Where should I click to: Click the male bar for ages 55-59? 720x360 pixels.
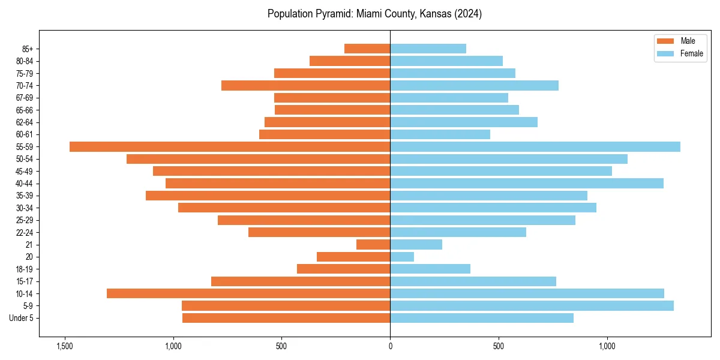[230, 146]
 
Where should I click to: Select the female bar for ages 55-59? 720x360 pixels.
[535, 146]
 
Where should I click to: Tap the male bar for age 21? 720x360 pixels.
[373, 244]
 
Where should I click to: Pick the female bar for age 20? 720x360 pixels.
[402, 257]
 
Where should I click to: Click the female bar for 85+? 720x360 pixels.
[428, 49]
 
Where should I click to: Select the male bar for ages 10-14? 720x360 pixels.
[248, 293]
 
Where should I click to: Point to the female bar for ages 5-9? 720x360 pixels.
[532, 305]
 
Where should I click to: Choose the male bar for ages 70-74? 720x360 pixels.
[305, 85]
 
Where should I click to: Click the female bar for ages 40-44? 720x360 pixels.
[527, 183]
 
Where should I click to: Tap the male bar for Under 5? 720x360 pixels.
[286, 318]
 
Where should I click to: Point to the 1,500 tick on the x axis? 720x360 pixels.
[64, 346]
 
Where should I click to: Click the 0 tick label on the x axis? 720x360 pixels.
[390, 346]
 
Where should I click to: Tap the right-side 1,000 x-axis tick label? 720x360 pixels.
[607, 346]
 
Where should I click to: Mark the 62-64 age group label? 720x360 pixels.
[24, 122]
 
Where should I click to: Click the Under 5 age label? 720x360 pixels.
[21, 318]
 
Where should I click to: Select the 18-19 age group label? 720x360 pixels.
[24, 269]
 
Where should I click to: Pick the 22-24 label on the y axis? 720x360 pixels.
[24, 232]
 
